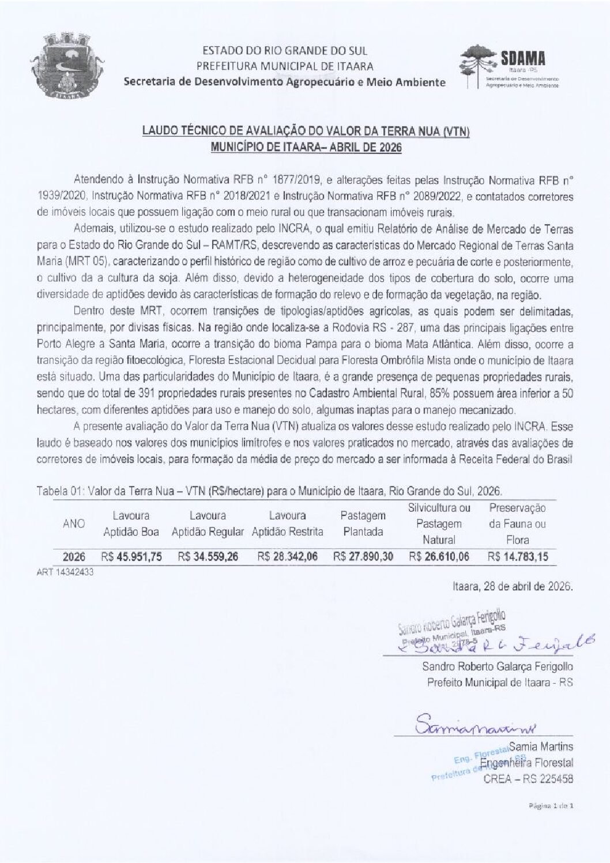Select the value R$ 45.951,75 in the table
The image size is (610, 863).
point(132,557)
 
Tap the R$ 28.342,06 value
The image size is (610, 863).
point(287,557)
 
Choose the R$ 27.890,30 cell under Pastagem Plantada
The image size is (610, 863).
point(363,557)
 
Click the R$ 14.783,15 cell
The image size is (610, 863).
point(518,557)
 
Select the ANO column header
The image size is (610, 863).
point(73,523)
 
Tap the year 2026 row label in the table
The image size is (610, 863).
point(74,557)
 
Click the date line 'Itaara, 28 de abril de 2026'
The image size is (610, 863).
point(514,587)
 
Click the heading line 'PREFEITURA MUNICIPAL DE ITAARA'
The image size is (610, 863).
point(285,66)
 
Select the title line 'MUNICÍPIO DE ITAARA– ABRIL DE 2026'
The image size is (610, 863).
point(306,147)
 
